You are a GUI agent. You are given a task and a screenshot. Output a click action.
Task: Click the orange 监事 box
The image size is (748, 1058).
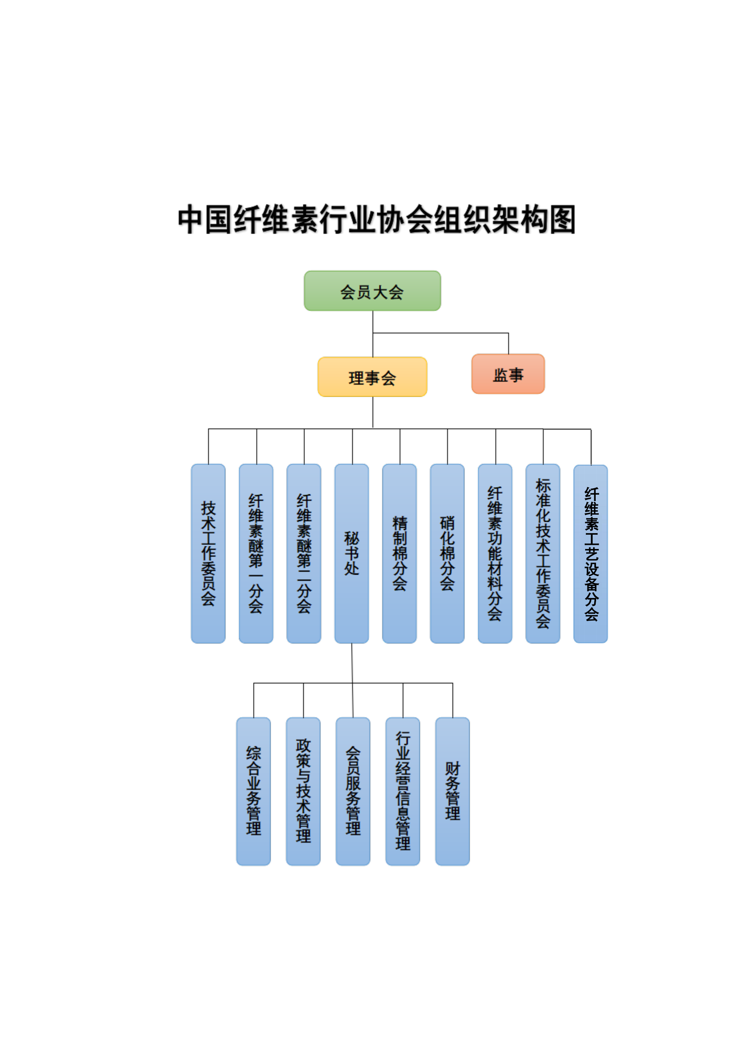point(508,374)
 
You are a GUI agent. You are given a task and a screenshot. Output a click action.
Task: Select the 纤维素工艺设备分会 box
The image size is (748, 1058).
point(590,554)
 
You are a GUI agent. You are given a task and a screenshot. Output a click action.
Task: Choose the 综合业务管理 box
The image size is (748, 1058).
point(253,791)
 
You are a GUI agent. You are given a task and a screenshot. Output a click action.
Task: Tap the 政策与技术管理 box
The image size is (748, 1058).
point(303,791)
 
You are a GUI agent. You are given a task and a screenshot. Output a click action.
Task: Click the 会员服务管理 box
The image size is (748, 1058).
point(353,791)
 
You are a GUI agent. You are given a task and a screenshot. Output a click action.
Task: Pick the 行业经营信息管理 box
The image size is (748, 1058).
point(403,791)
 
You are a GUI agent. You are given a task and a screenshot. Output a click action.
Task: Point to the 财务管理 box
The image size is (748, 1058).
point(452,791)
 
